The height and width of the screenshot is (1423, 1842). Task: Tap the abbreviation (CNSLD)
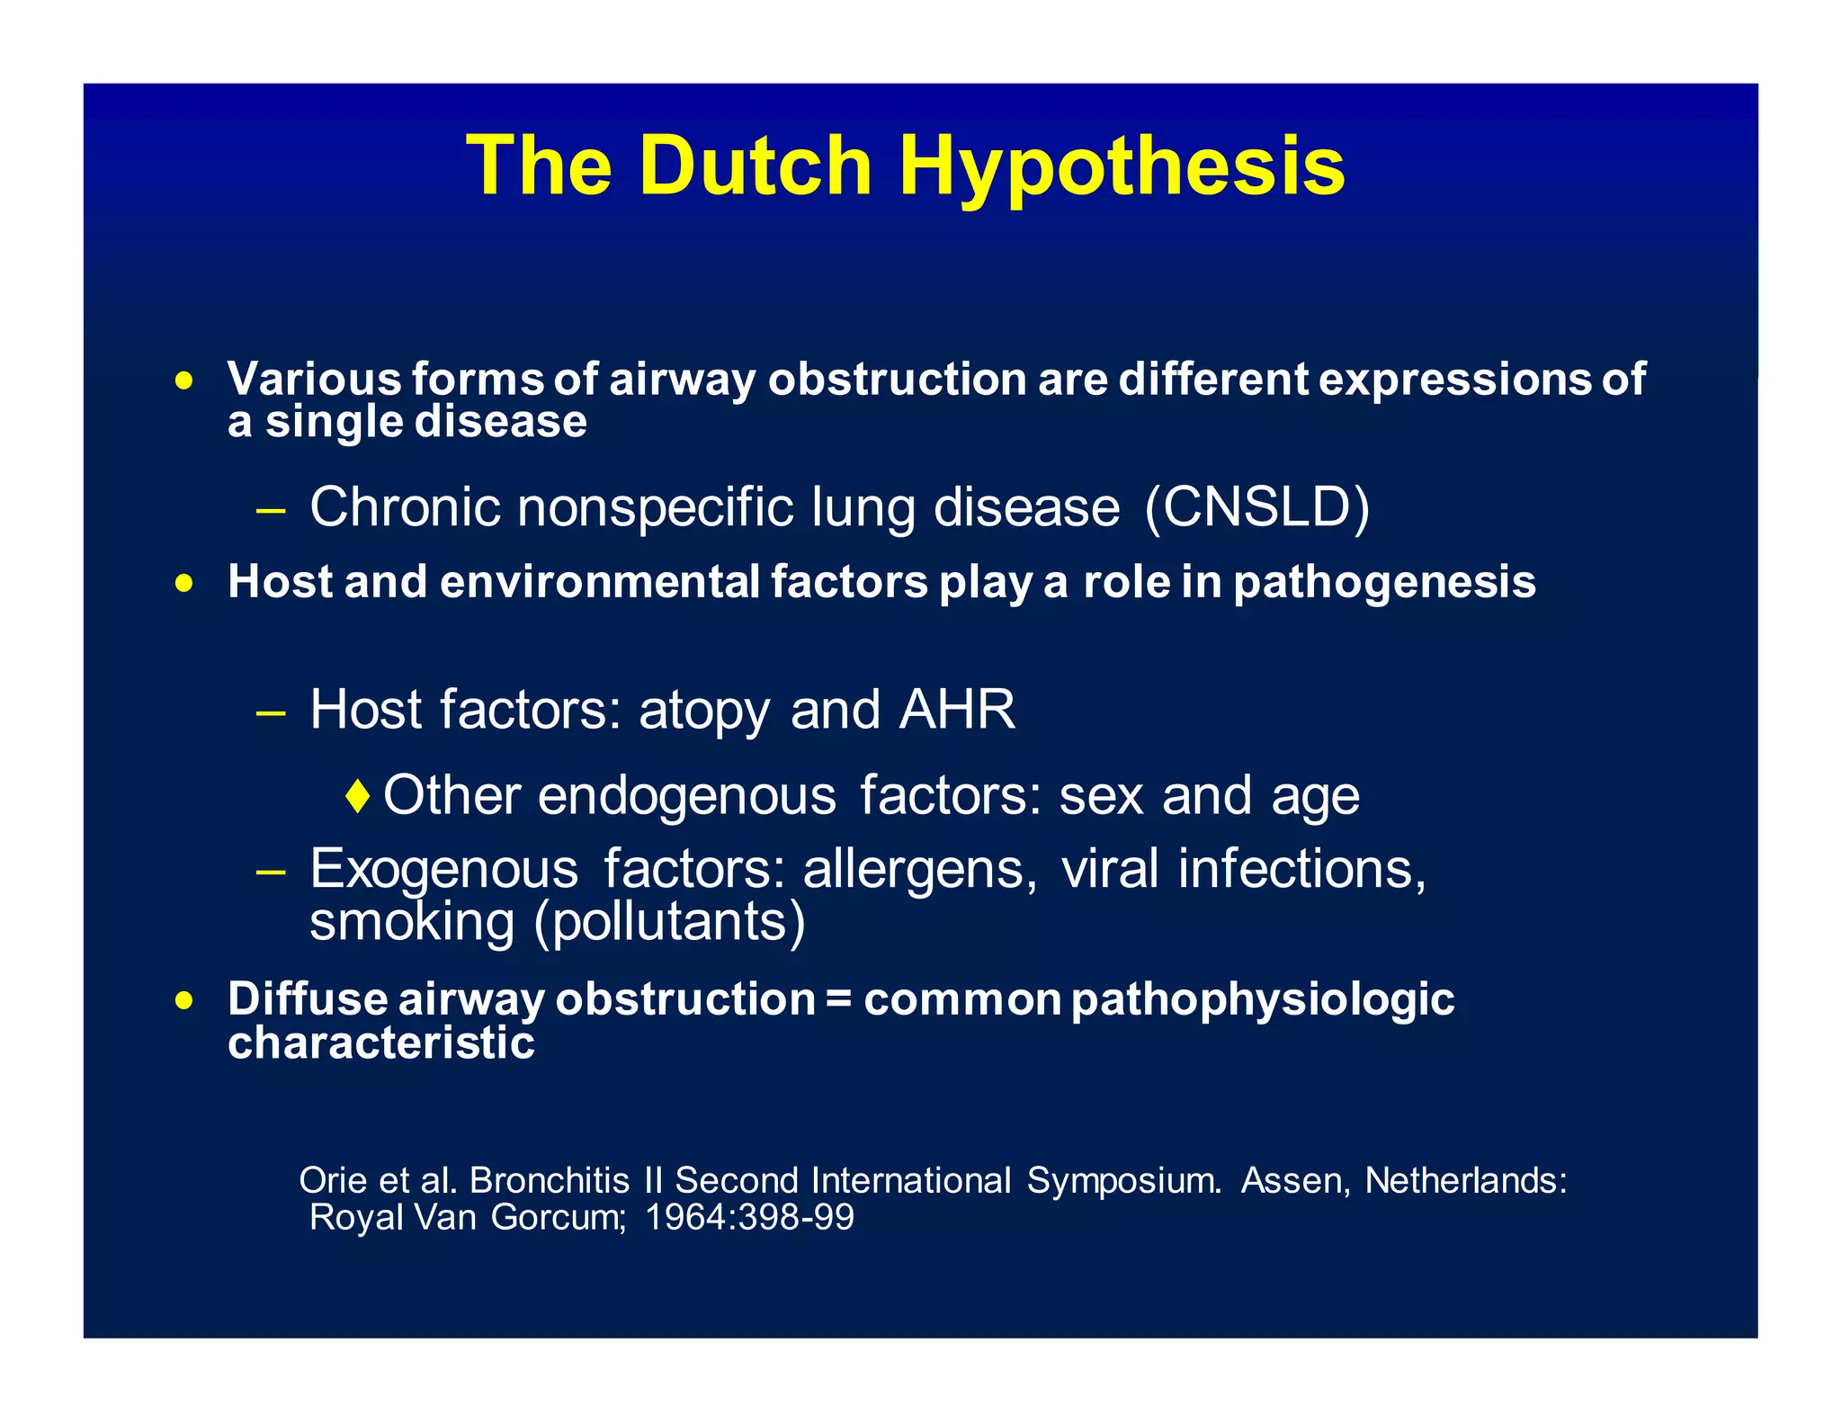click(x=1256, y=507)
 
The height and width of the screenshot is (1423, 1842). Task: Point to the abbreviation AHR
click(x=957, y=710)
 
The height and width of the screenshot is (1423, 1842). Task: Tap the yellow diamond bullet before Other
click(x=358, y=796)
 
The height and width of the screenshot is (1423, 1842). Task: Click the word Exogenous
click(x=444, y=871)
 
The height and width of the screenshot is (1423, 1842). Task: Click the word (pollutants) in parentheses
click(x=670, y=923)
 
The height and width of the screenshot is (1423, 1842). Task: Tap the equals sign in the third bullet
click(x=838, y=999)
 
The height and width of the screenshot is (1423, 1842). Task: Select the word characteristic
click(x=381, y=1043)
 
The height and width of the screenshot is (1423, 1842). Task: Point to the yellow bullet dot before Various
click(x=184, y=381)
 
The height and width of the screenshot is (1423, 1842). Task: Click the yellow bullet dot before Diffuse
click(x=184, y=1001)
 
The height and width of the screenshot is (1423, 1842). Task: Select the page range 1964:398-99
click(x=749, y=1218)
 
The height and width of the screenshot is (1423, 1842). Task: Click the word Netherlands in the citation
click(x=1465, y=1181)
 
